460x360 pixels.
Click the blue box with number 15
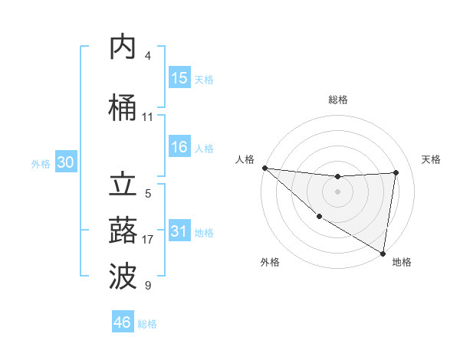coord(179,78)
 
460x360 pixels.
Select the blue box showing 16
coord(179,148)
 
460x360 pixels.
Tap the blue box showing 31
coord(179,231)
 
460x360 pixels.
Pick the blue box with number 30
coord(65,163)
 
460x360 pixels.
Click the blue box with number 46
coord(123,322)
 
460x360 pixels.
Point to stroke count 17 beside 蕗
coord(148,240)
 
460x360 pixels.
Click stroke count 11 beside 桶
coord(148,117)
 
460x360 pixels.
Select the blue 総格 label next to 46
coord(147,324)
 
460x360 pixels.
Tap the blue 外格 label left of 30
coord(41,164)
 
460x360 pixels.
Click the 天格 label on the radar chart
coord(431,159)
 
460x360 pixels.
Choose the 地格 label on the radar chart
coord(402,262)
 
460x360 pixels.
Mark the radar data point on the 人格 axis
coord(264,168)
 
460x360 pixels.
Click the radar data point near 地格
coord(383,253)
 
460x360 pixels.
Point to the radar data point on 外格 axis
coord(319,216)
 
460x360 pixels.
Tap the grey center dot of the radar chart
coord(337,191)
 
